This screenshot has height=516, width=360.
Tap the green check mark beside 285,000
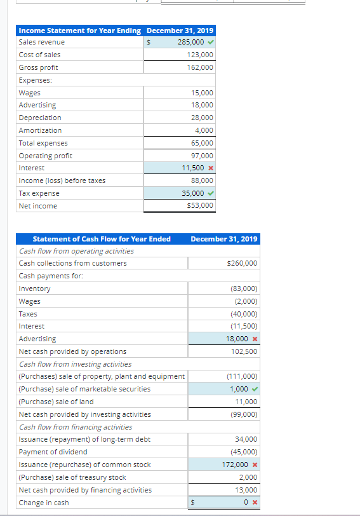tap(210, 42)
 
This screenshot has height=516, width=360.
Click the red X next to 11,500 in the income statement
tap(210, 168)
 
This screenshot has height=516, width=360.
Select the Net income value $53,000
tap(201, 205)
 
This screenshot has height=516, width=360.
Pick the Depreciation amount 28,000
tap(202, 118)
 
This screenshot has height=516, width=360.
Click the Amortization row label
tap(40, 130)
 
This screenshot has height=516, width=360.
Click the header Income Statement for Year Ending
tap(80, 31)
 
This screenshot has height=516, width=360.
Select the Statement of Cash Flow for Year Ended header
tap(102, 239)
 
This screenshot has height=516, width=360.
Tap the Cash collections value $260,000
tap(242, 263)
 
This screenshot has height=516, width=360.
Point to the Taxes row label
tap(28, 314)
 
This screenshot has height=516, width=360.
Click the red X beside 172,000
tap(254, 465)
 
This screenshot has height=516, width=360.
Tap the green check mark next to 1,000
tap(254, 389)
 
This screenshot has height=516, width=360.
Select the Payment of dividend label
tap(53, 452)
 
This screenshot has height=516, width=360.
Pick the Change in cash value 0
tap(245, 503)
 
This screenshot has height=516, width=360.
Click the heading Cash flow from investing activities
tap(76, 364)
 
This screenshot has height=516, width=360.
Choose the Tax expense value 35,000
tap(192, 193)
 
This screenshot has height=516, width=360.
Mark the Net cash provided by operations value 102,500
tap(244, 351)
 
